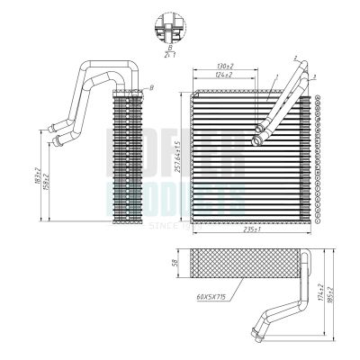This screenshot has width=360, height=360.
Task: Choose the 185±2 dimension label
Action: pyautogui.click(x=331, y=294)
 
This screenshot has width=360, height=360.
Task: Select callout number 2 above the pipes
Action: pyautogui.click(x=293, y=58)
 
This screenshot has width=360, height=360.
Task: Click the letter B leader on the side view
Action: pyautogui.click(x=151, y=85)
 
